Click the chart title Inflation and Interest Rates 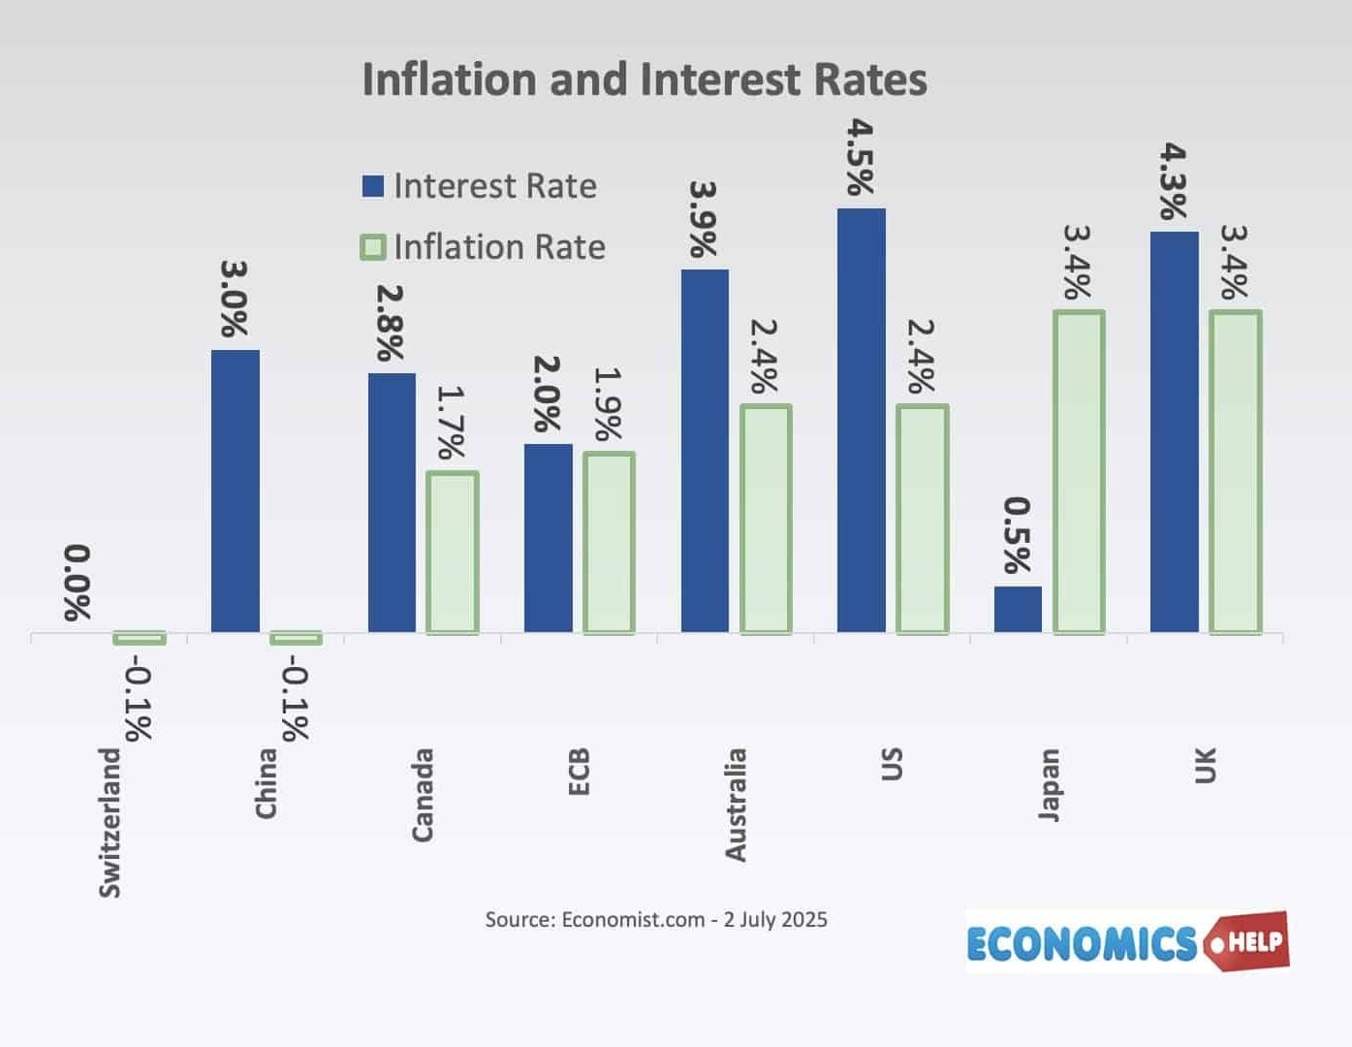click(644, 79)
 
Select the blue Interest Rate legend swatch click(372, 186)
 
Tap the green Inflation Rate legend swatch click(372, 247)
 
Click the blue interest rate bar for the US click(861, 421)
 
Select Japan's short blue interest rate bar click(1018, 609)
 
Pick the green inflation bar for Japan click(1078, 472)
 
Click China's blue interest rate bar click(236, 492)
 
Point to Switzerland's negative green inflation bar click(140, 638)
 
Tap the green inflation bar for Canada click(453, 553)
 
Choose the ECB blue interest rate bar click(549, 538)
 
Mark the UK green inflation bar click(1235, 472)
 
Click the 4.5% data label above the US click(860, 157)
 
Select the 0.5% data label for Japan click(1017, 535)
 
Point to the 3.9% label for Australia click(703, 219)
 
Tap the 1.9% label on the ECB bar click(608, 404)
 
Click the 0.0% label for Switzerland click(78, 583)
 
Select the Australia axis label click(736, 805)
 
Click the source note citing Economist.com click(656, 919)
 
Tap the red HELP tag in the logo click(1249, 939)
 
